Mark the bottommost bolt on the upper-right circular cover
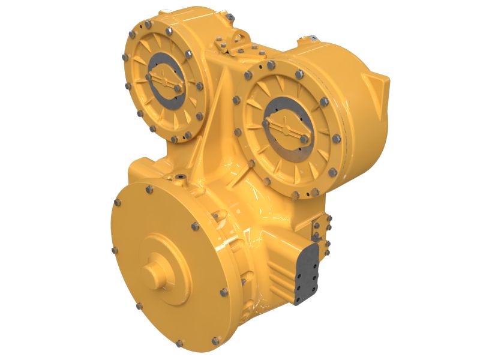click(295, 194)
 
